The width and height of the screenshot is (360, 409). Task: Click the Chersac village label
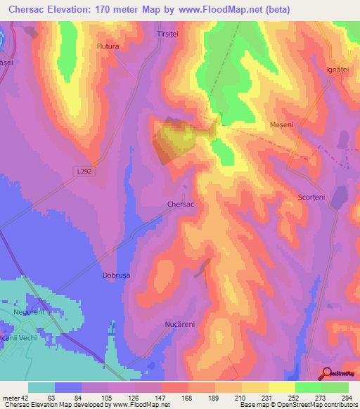coord(181,204)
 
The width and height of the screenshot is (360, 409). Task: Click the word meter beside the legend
coord(8,397)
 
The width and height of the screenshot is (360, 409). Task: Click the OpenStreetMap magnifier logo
coord(327,373)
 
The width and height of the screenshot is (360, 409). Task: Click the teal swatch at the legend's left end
coord(41,387)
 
